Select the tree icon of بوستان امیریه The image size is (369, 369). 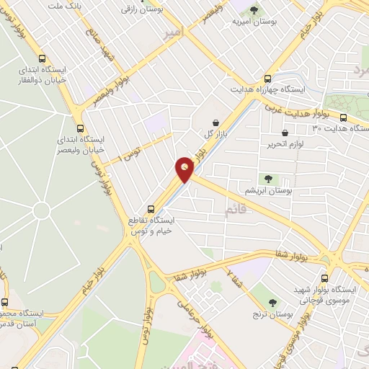(x=253, y=10)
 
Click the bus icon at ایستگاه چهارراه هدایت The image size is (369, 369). (x=268, y=79)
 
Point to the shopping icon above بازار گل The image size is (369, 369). (x=217, y=123)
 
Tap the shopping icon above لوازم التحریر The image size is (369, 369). (x=285, y=133)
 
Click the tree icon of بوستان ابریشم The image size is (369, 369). (x=268, y=178)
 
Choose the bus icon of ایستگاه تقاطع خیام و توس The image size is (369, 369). (x=151, y=204)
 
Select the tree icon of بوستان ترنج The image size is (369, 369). (x=273, y=303)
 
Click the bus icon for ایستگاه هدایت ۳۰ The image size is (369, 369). (x=343, y=117)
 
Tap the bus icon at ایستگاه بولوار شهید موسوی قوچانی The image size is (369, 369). (x=324, y=277)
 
